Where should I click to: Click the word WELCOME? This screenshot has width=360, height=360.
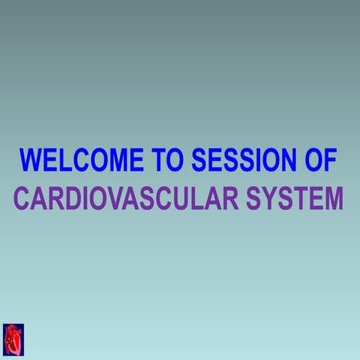82,160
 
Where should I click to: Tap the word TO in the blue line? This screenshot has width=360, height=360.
168,160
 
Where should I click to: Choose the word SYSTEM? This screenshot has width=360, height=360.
295,199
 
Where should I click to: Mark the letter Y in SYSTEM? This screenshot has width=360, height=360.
274,199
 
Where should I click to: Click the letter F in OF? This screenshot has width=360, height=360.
331,160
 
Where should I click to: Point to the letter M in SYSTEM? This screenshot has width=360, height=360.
333,199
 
